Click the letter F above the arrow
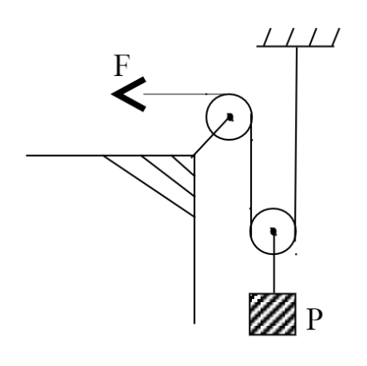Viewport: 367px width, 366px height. pyautogui.click(x=122, y=65)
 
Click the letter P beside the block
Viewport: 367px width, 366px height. pyautogui.click(x=314, y=319)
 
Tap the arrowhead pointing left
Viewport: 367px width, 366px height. pyautogui.click(x=130, y=94)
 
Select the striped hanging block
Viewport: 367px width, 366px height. pyautogui.click(x=273, y=314)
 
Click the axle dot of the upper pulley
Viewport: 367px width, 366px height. pyautogui.click(x=230, y=117)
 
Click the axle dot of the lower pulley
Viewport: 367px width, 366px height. pyautogui.click(x=273, y=231)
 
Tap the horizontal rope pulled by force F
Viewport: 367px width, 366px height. pyautogui.click(x=186, y=94)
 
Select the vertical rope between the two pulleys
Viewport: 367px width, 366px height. pyautogui.click(x=251, y=173)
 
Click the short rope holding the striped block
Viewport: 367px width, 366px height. pyautogui.click(x=273, y=262)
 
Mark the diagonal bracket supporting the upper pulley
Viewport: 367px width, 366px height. pyautogui.click(x=212, y=136)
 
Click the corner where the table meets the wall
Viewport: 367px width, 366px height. pyautogui.click(x=194, y=155)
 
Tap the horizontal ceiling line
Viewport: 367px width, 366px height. pyautogui.click(x=295, y=46)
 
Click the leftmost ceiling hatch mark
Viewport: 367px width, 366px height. pyautogui.click(x=267, y=37)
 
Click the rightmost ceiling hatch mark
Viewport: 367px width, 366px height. pyautogui.click(x=336, y=37)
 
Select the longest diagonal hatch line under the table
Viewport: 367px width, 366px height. pyautogui.click(x=149, y=186)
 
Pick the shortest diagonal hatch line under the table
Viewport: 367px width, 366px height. pyautogui.click(x=183, y=165)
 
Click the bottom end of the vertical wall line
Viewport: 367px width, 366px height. pyautogui.click(x=194, y=324)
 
